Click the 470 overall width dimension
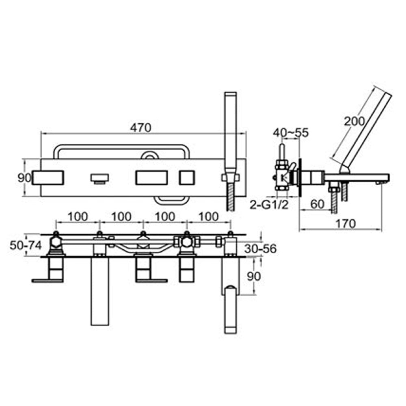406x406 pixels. click(140, 127)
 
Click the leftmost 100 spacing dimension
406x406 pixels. click(77, 216)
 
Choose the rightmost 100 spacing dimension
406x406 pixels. click(209, 216)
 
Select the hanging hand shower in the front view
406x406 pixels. click(230, 309)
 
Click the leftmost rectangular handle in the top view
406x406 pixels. click(48, 177)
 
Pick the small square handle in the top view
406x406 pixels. click(187, 177)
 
